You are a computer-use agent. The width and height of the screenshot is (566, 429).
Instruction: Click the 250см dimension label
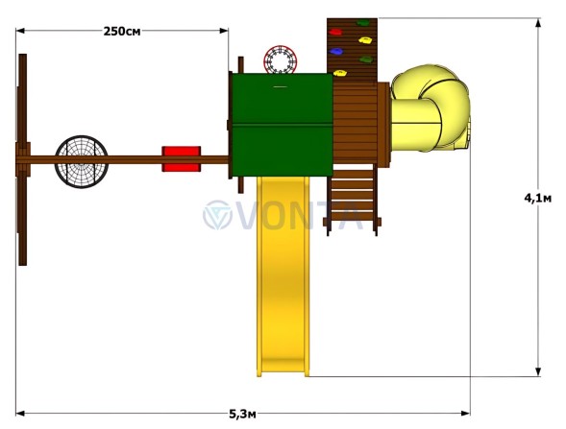point(122,32)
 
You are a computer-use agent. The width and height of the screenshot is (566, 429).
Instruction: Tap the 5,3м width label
point(242,415)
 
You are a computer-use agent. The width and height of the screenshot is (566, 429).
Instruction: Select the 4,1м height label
point(538,198)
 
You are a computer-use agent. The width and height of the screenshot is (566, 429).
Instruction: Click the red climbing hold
point(335,32)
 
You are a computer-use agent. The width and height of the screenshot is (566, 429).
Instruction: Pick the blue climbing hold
point(336,52)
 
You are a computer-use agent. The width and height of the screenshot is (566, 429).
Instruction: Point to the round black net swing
point(82,161)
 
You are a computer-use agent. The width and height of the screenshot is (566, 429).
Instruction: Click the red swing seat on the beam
point(182,158)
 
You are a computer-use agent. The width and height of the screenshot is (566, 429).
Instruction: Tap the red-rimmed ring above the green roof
point(280,60)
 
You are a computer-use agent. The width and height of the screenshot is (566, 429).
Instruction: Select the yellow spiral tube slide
point(430,108)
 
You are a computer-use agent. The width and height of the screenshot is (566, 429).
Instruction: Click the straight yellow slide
point(283,276)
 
